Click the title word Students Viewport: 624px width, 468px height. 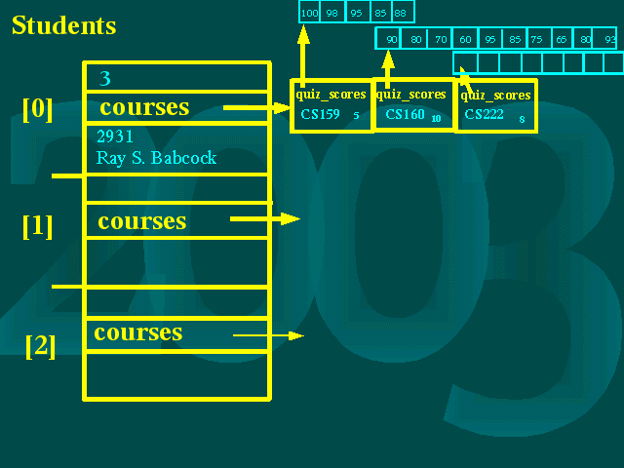click(x=63, y=25)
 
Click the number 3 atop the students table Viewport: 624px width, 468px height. click(x=105, y=78)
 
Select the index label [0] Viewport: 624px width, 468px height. click(x=37, y=108)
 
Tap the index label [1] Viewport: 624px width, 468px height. click(x=37, y=225)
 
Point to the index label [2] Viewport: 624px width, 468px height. click(x=40, y=345)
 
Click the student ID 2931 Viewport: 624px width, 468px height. click(x=115, y=136)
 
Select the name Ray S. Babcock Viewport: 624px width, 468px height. click(x=156, y=158)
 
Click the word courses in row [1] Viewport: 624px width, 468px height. click(x=141, y=221)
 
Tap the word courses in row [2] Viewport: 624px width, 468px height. click(x=138, y=332)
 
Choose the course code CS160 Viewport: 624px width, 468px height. click(x=404, y=115)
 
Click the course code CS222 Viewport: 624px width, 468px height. click(x=484, y=115)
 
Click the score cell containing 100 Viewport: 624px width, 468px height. click(x=310, y=12)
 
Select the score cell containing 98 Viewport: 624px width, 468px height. click(x=333, y=12)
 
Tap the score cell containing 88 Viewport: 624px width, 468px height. click(x=401, y=12)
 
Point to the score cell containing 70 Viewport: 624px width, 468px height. click(x=441, y=39)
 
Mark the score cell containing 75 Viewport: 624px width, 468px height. click(x=537, y=39)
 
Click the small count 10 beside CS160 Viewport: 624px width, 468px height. click(x=436, y=120)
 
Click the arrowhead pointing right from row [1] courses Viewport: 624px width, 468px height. click(x=291, y=219)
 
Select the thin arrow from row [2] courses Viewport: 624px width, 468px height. click(x=269, y=335)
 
